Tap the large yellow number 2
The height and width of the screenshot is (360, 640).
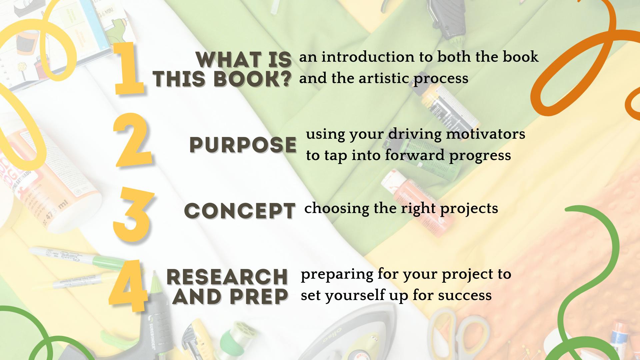tap(133, 140)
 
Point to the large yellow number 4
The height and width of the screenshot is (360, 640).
tap(129, 286)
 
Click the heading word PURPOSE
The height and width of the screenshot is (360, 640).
tap(243, 145)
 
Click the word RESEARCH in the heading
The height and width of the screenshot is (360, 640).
tap(227, 277)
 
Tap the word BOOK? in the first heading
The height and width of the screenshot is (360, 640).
tap(252, 79)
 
